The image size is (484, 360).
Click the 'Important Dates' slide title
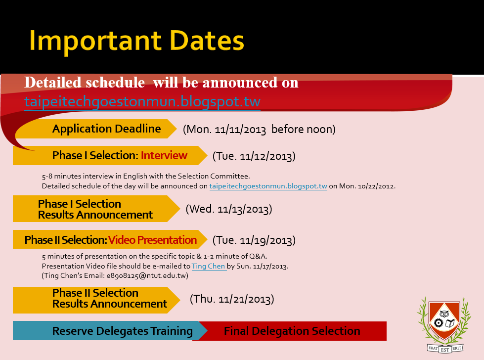[x=136, y=41]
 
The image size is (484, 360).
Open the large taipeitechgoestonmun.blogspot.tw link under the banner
[x=142, y=101]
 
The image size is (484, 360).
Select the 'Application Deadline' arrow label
[x=106, y=129]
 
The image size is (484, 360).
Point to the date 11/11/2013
[x=240, y=130]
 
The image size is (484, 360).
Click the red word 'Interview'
[x=164, y=155]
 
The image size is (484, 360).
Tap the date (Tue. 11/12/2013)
[x=254, y=156]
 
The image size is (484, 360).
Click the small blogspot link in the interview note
[x=268, y=186]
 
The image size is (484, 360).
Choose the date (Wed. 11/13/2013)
[x=229, y=209]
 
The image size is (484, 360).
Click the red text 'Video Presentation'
[x=152, y=240]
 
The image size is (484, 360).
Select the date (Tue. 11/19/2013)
[x=254, y=240]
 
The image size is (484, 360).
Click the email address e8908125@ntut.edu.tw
[x=147, y=276]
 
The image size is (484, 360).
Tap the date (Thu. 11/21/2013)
[x=232, y=299]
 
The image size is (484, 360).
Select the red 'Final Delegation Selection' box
[x=292, y=331]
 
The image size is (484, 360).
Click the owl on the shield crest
[x=444, y=314]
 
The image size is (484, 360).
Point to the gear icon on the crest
[x=439, y=323]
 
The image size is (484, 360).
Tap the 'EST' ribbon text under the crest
[x=445, y=350]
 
